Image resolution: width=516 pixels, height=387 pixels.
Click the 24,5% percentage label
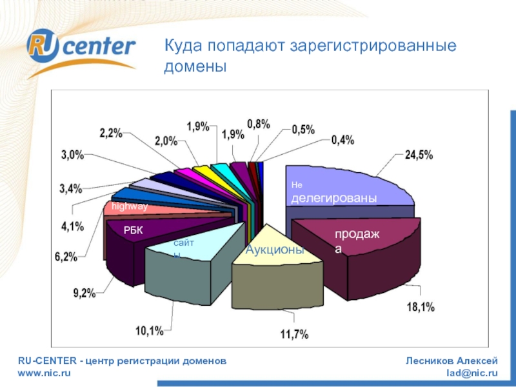point(419,155)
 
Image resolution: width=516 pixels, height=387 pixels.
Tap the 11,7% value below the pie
point(295,334)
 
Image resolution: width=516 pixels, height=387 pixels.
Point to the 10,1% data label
point(149,332)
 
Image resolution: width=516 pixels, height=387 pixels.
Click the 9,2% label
point(84,293)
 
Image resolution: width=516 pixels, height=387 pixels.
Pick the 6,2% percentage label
point(66,256)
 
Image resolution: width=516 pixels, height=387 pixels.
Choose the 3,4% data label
point(71,189)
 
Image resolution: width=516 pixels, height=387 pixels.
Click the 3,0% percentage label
point(73,155)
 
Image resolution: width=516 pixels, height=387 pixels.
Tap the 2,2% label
point(111,134)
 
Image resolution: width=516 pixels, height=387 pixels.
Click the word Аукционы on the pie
point(275,249)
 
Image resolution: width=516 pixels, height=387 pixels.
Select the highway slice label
point(130,206)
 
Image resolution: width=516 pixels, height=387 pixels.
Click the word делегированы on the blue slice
point(333,199)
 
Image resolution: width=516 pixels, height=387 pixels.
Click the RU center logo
point(81,48)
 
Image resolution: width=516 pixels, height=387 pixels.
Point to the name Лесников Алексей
point(451,361)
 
